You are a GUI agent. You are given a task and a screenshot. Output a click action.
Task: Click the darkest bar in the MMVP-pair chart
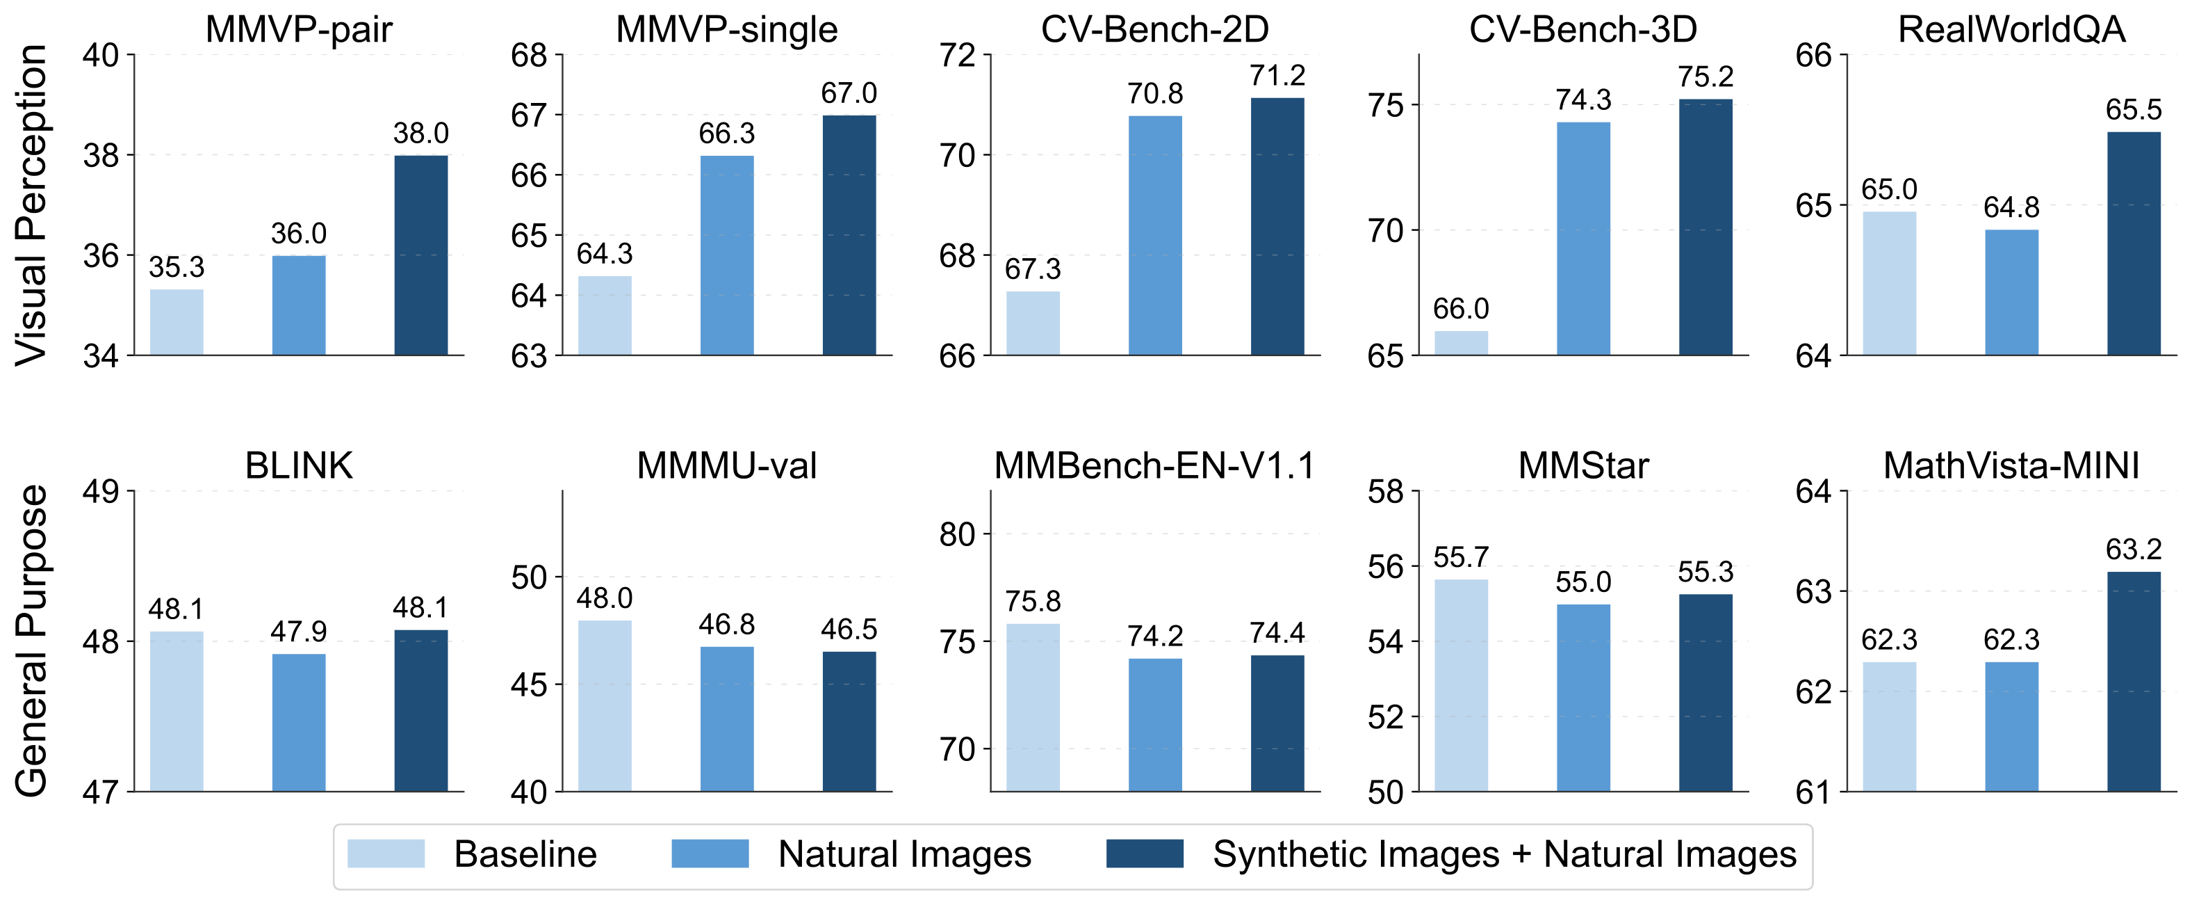[x=421, y=255]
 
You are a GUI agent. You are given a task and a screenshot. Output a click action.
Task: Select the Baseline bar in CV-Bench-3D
[x=1461, y=343]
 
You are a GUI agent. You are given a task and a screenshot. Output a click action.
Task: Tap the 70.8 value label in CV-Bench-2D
[x=1154, y=94]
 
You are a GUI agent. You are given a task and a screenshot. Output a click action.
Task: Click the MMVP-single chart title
[x=727, y=30]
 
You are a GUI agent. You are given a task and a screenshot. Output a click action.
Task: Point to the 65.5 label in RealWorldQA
[x=2134, y=110]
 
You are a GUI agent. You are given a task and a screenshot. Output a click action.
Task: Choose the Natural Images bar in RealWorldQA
[x=2011, y=292]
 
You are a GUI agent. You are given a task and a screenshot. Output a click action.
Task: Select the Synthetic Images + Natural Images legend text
[x=1503, y=854]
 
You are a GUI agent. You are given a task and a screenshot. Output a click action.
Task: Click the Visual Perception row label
[x=33, y=205]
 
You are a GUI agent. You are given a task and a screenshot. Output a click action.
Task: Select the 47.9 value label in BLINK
[x=299, y=632]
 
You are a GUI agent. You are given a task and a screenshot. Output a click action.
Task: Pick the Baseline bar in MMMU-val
[x=605, y=706]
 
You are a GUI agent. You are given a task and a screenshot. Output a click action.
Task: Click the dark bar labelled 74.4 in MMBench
[x=1277, y=723]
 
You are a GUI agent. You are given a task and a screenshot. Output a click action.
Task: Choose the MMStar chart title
[x=1582, y=465]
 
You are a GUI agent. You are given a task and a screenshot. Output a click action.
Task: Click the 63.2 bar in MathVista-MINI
[x=2134, y=681]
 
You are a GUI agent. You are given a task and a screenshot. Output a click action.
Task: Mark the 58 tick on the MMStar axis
[x=1385, y=491]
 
